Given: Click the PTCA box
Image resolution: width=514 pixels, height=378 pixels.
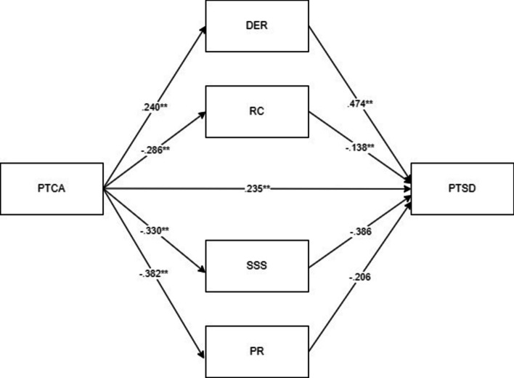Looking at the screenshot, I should point(52,190).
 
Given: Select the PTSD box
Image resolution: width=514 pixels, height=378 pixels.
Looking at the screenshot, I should point(462,190).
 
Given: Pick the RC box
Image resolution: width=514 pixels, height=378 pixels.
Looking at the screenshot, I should point(257,111).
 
